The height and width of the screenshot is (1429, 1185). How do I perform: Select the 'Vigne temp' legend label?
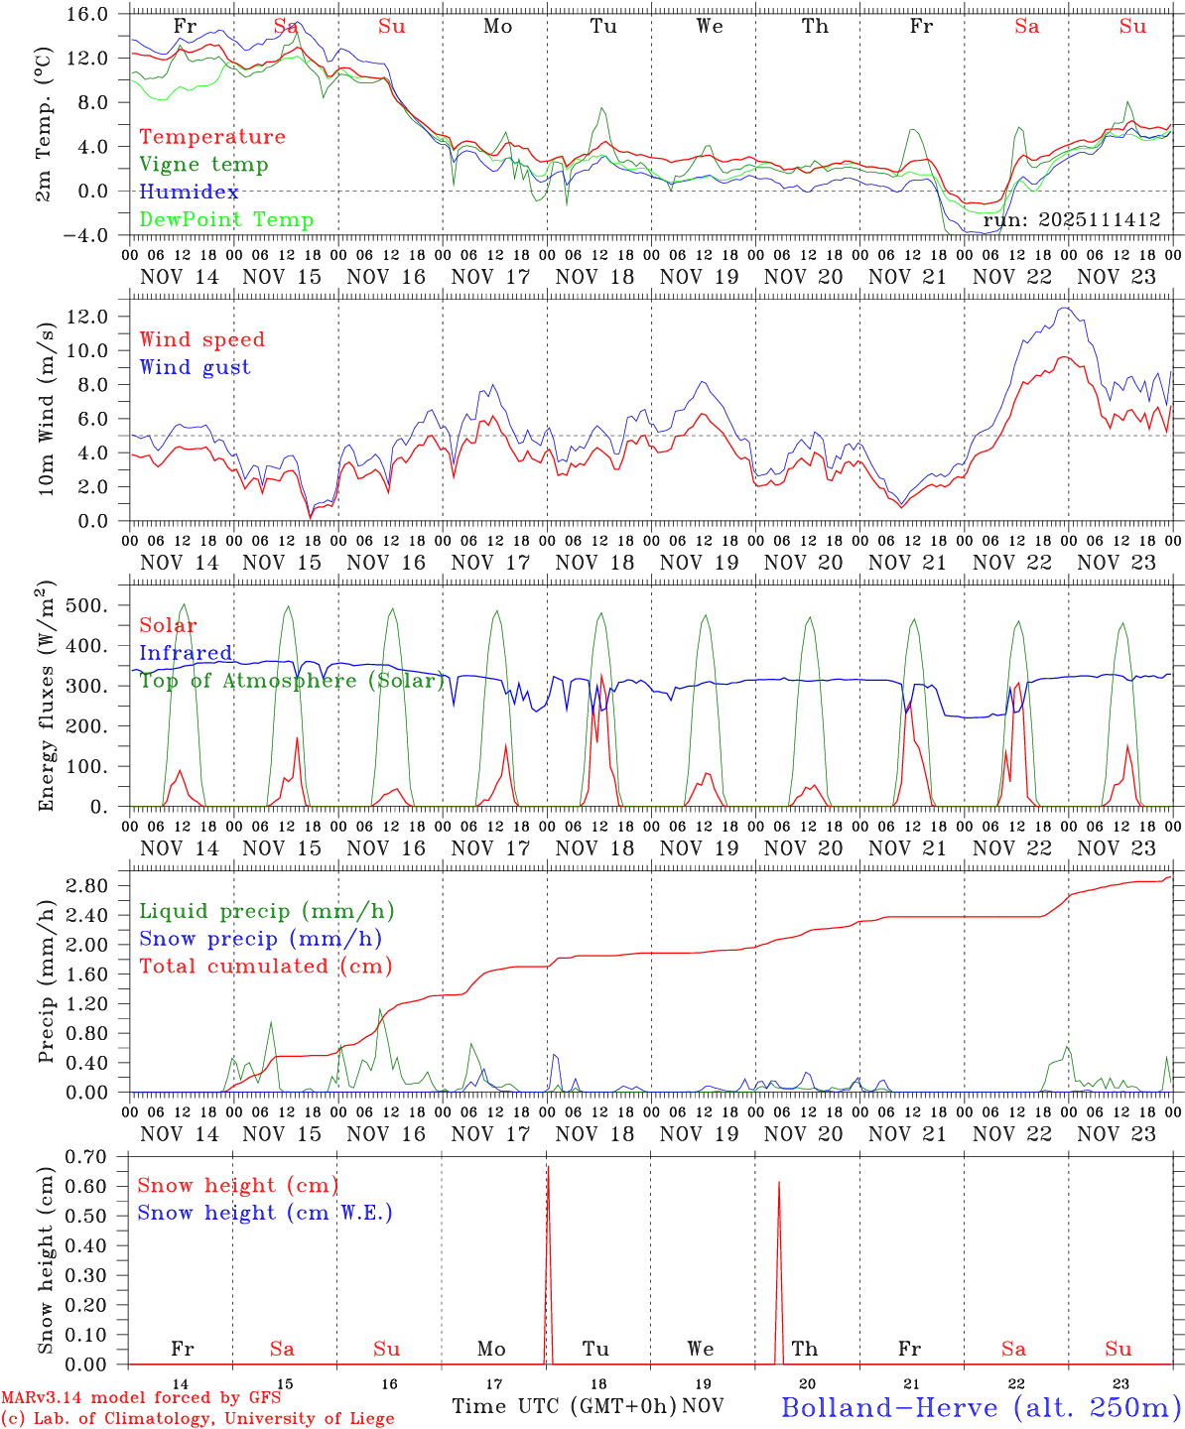[203, 165]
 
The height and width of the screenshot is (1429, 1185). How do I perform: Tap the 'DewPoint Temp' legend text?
[226, 220]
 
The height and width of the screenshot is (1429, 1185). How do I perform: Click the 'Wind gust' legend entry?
[195, 367]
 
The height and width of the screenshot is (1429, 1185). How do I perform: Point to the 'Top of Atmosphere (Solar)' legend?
[292, 681]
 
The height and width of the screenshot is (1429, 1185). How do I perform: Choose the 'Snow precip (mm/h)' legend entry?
[260, 939]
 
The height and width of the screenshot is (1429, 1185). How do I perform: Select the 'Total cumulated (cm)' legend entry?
[265, 967]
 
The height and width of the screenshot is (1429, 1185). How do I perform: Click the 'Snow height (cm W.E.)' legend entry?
[264, 1213]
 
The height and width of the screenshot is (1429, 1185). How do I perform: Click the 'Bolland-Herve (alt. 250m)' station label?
[981, 1407]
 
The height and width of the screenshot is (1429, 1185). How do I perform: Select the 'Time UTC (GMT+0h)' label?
[564, 1406]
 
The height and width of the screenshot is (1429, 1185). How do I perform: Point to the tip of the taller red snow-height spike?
[548, 1166]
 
